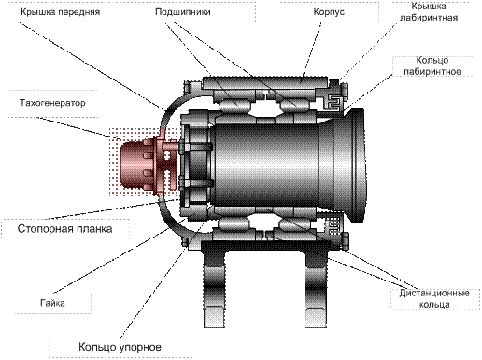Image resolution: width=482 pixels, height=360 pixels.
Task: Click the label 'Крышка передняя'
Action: coord(61,12)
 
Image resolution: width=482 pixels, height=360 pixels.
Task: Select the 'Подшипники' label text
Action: coord(183,12)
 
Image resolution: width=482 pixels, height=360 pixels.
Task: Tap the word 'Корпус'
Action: coord(329,12)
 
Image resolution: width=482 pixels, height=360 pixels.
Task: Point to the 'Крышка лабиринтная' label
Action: coord(429,11)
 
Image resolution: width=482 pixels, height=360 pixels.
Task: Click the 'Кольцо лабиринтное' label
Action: coord(432,65)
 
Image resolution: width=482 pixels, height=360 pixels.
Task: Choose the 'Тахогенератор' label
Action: coord(52,103)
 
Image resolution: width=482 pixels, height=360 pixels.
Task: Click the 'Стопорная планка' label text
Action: coord(64,229)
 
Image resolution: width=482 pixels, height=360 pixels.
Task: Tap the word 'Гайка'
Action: coord(52,303)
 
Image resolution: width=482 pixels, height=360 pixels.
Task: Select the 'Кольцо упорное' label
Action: coord(120,347)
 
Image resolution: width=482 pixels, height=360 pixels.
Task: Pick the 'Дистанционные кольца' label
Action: coord(434,298)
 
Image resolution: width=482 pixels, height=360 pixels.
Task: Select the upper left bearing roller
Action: coord(235,105)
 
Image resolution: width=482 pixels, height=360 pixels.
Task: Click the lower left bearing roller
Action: coord(235,223)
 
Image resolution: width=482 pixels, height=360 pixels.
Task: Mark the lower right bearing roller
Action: coord(295,223)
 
